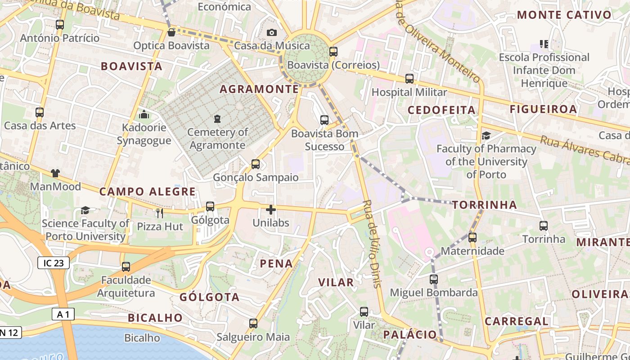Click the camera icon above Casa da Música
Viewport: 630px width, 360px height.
(x=271, y=32)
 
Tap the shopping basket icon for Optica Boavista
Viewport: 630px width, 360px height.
(x=171, y=32)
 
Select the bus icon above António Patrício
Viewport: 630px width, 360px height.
(x=59, y=25)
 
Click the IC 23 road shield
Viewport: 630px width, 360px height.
(x=54, y=263)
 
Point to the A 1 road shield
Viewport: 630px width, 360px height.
(x=63, y=314)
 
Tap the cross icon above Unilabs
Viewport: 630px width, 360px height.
(x=271, y=209)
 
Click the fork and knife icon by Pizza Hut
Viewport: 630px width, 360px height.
(x=160, y=213)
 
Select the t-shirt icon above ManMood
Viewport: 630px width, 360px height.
(x=55, y=173)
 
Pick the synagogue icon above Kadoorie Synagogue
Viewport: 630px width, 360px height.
(x=144, y=115)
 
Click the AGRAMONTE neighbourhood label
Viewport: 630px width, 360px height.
(x=259, y=89)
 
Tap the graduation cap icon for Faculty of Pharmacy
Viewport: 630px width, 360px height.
(x=486, y=135)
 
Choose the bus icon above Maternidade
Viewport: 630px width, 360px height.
(x=472, y=237)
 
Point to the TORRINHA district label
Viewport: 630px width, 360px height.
(x=485, y=205)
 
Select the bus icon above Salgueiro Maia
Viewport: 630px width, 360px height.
(x=253, y=324)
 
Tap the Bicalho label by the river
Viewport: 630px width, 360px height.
(x=142, y=337)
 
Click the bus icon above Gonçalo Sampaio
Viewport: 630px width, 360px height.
(x=256, y=164)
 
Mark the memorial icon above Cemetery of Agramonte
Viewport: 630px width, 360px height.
(x=217, y=119)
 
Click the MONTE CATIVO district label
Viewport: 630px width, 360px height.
(x=564, y=15)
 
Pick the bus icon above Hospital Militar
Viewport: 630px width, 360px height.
(x=409, y=79)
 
